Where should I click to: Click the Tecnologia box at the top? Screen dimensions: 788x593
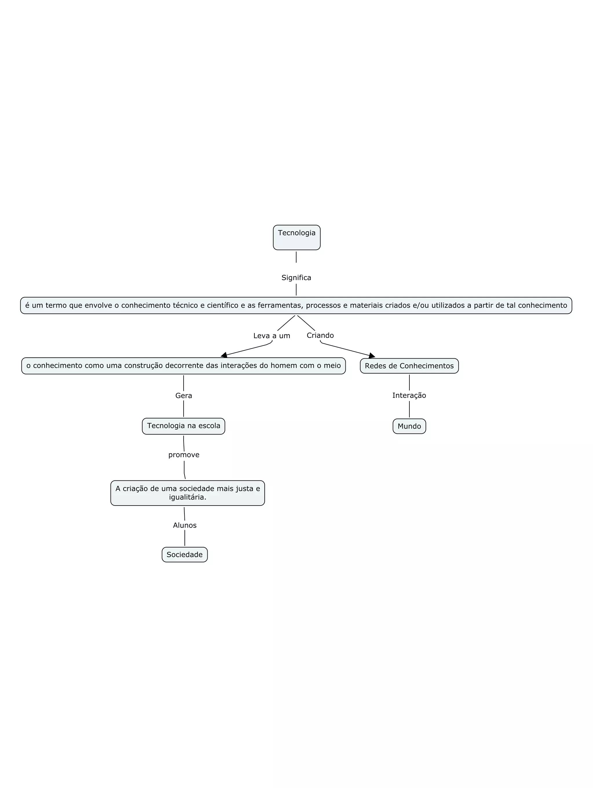pyautogui.click(x=296, y=237)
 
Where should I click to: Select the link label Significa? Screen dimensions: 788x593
pyautogui.click(x=296, y=278)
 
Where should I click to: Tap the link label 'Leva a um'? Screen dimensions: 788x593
pyautogui.click(x=272, y=336)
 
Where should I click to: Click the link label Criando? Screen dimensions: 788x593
pyautogui.click(x=320, y=335)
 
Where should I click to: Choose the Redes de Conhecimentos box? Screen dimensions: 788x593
pyautogui.click(x=409, y=366)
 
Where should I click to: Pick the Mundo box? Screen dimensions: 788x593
pyautogui.click(x=409, y=426)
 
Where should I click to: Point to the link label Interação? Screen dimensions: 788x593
pyautogui.click(x=409, y=395)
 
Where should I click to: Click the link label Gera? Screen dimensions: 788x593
pyautogui.click(x=184, y=395)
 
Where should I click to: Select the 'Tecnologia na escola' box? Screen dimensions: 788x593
pyautogui.click(x=184, y=426)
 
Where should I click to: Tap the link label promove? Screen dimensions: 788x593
pyautogui.click(x=184, y=455)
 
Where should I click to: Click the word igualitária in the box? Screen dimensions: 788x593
pyautogui.click(x=187, y=497)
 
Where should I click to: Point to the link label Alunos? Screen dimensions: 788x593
pyautogui.click(x=185, y=525)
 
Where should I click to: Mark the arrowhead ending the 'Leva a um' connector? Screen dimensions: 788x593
pyautogui.click(x=224, y=355)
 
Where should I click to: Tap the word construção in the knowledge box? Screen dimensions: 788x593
pyautogui.click(x=137, y=365)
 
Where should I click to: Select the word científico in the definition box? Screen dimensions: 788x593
pyautogui.click(x=222, y=305)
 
